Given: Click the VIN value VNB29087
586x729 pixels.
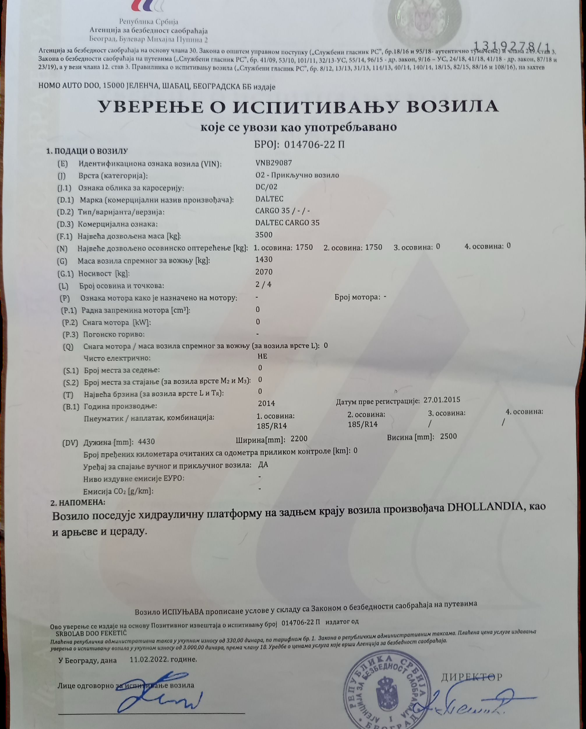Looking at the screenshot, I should [273, 163].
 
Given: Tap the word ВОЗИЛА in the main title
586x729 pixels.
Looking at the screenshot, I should [452, 107].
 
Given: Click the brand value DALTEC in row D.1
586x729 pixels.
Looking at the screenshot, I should [269, 199].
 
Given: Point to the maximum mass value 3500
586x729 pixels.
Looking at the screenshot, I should [264, 235].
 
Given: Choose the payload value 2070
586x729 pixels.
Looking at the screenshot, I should [264, 272].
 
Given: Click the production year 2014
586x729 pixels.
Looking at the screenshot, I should [266, 403].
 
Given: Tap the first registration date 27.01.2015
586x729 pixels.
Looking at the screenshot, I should [442, 400].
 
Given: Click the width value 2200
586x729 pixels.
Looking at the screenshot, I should [299, 439].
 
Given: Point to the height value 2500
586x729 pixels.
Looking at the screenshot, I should [448, 437].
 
